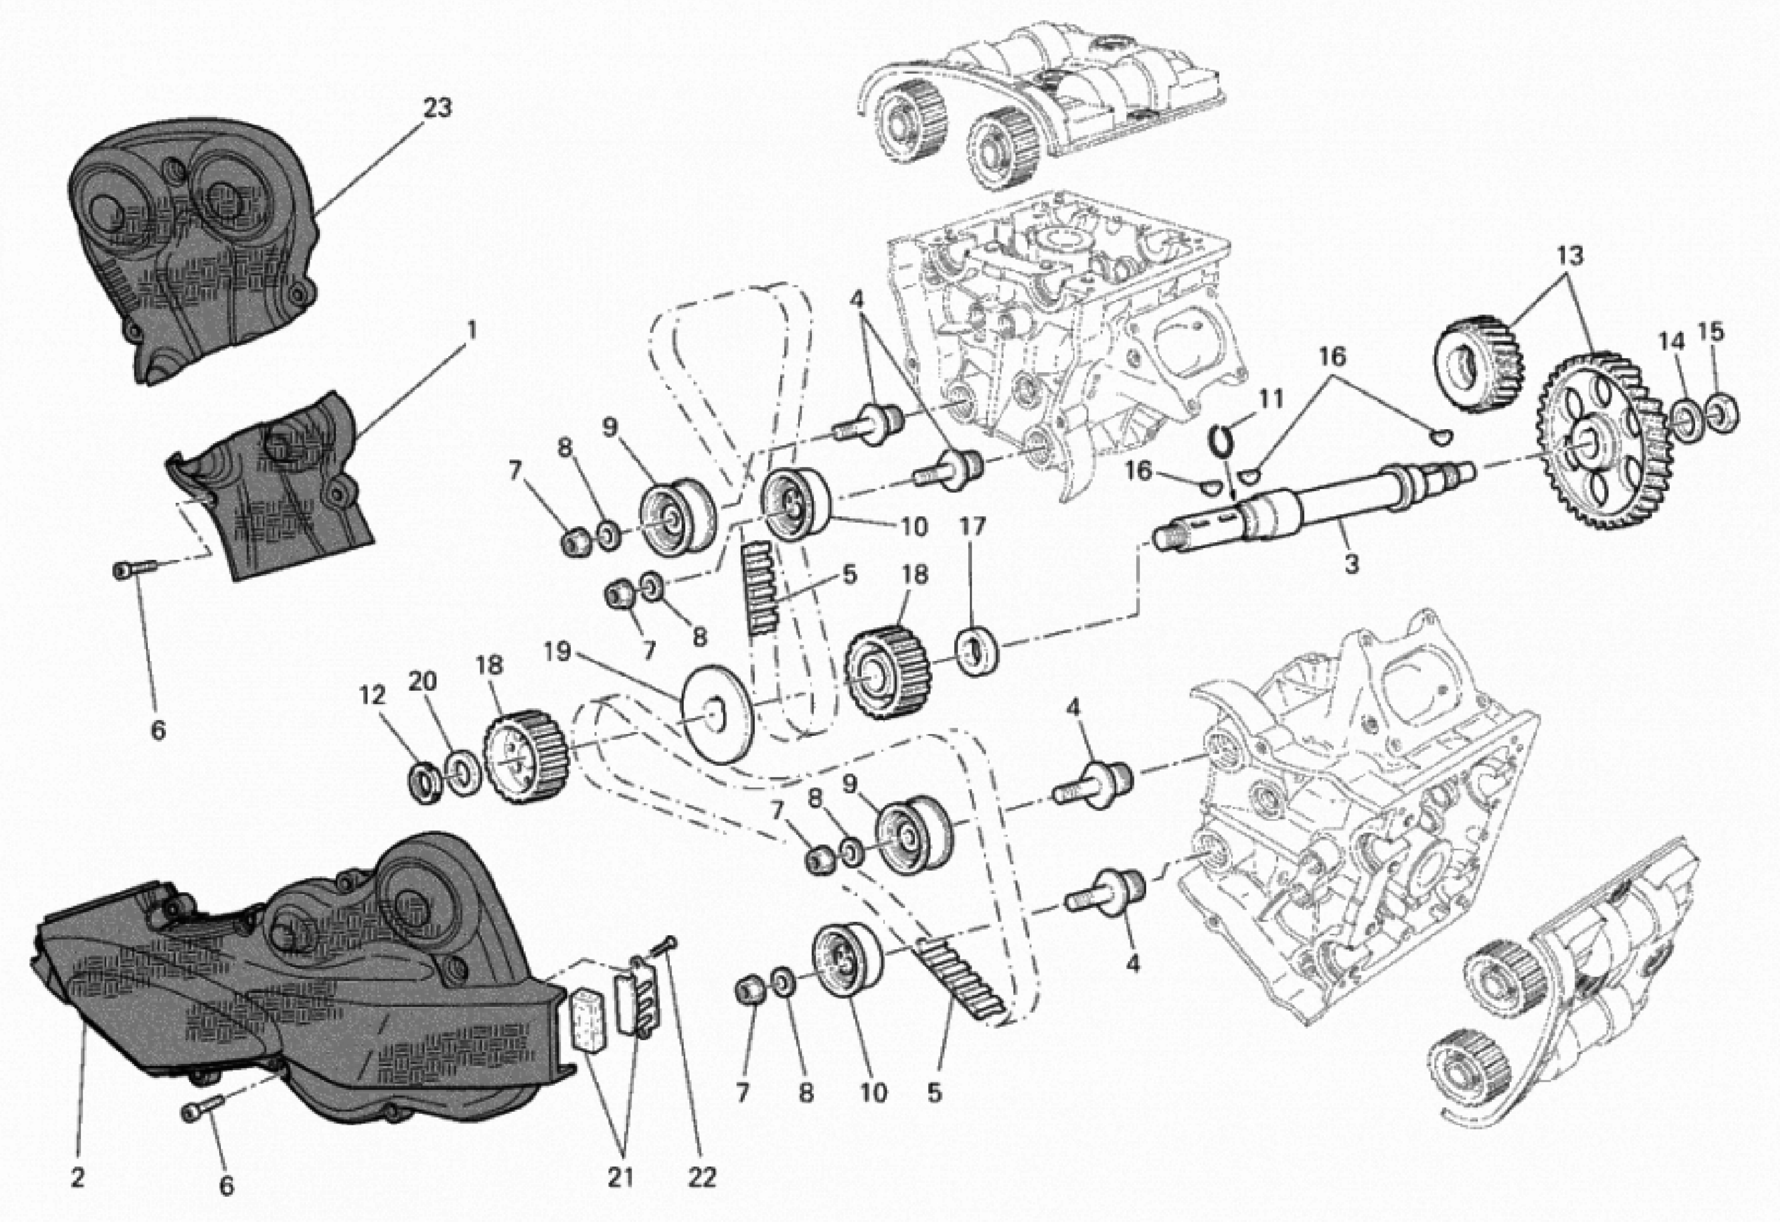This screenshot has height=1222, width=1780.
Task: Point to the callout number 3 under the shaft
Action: pos(1352,565)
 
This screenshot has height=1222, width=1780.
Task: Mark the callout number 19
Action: pos(558,652)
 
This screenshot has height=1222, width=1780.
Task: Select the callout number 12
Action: pos(373,695)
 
